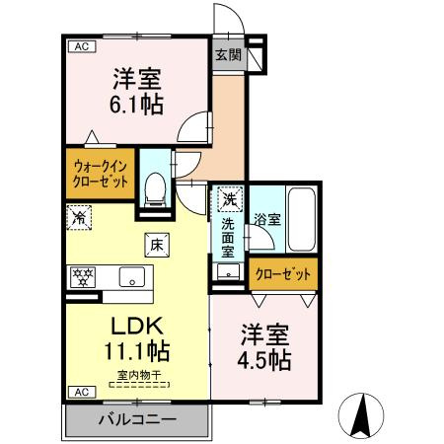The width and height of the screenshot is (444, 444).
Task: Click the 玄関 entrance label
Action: pos(228,55)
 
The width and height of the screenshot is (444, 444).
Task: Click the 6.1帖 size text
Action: pos(137,103)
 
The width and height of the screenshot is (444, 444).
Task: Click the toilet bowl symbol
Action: pos(155,187)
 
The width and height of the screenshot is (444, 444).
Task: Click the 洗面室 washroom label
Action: pos(228,238)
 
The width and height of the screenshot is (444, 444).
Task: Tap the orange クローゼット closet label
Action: pos(284,273)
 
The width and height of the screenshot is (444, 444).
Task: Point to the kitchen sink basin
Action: pos(132,275)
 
